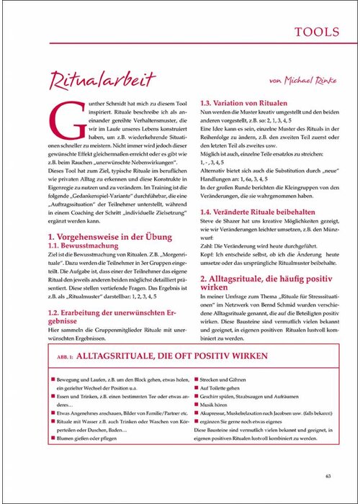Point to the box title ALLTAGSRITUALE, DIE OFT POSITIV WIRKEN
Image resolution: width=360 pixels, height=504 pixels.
177,356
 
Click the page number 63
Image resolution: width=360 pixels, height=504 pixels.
328,475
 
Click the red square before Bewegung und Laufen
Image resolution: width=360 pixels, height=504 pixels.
53,378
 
